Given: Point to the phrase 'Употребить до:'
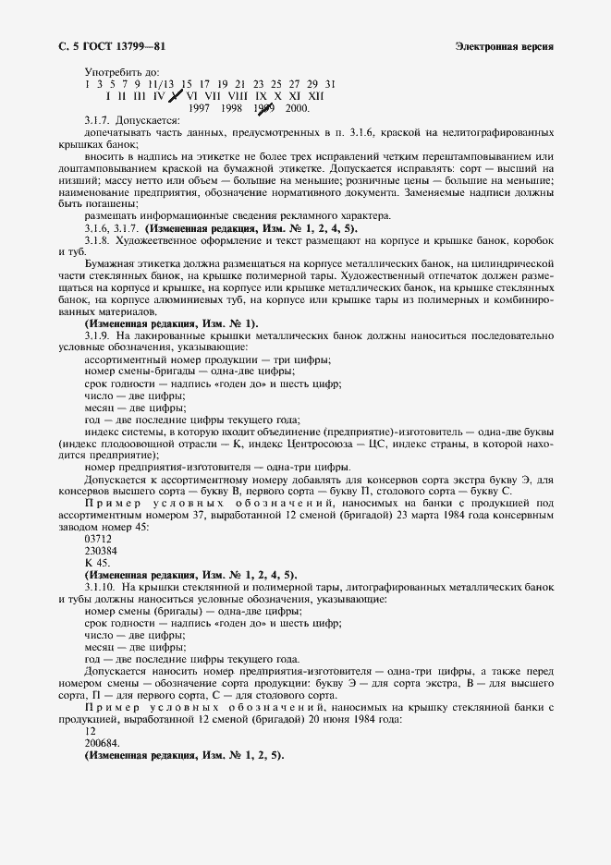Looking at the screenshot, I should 121,71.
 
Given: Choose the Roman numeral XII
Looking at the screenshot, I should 315,95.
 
